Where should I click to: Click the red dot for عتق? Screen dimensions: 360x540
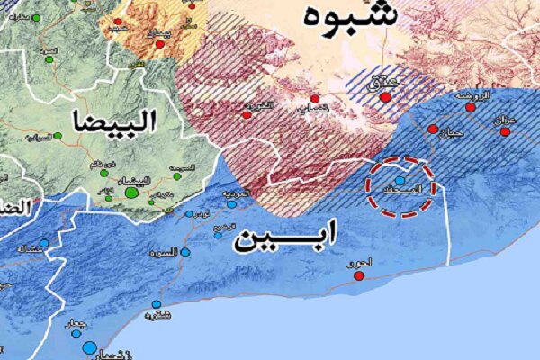[387, 97]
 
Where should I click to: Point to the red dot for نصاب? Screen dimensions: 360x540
[314, 98]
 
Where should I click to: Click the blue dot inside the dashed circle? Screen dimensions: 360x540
[400, 181]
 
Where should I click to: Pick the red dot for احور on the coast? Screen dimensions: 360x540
[359, 275]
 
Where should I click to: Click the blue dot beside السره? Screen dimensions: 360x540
[185, 254]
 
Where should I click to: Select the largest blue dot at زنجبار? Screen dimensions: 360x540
[89, 347]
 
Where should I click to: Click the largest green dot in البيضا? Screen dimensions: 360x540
[131, 192]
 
